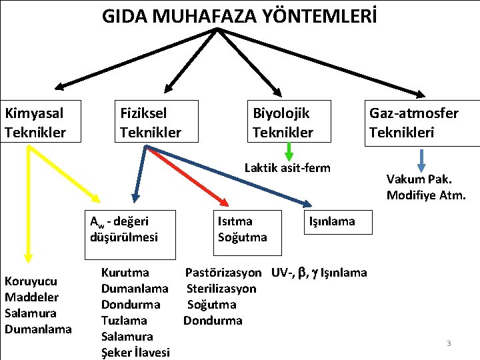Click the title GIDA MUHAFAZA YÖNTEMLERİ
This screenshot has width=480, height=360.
(239, 16)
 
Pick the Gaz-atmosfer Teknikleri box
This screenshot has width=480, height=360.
(423, 121)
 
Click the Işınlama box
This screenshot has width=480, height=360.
(331, 221)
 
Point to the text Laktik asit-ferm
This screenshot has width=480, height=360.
(287, 167)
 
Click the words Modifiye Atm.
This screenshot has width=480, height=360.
(425, 195)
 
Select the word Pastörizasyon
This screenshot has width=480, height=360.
(223, 273)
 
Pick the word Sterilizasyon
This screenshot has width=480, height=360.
(221, 289)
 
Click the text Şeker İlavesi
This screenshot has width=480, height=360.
(135, 352)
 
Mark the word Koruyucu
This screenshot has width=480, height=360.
(31, 281)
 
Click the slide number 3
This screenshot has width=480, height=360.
(449, 343)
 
